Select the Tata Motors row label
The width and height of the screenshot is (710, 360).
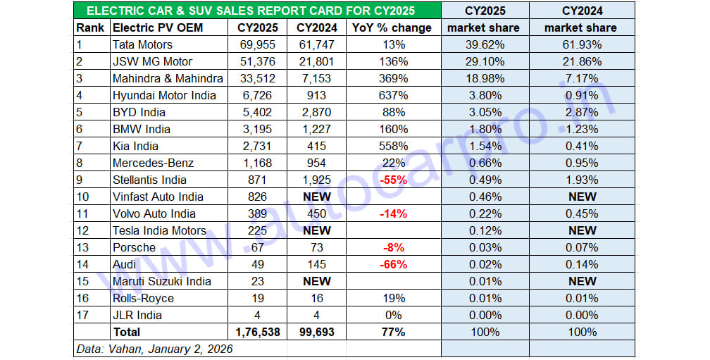click(x=142, y=44)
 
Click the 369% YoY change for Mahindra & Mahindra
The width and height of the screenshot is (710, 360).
click(x=392, y=78)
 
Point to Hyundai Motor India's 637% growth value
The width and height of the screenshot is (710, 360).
click(x=392, y=95)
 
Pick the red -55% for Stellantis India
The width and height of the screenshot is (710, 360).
click(x=392, y=180)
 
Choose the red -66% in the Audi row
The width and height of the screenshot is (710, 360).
click(x=392, y=264)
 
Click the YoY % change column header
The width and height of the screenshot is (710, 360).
click(x=392, y=27)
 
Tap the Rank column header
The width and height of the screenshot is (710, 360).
click(x=90, y=27)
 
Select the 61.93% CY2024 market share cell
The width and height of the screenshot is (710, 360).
click(x=581, y=44)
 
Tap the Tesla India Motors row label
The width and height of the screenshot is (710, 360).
click(x=159, y=230)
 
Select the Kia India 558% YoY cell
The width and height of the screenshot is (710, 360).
click(x=392, y=146)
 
